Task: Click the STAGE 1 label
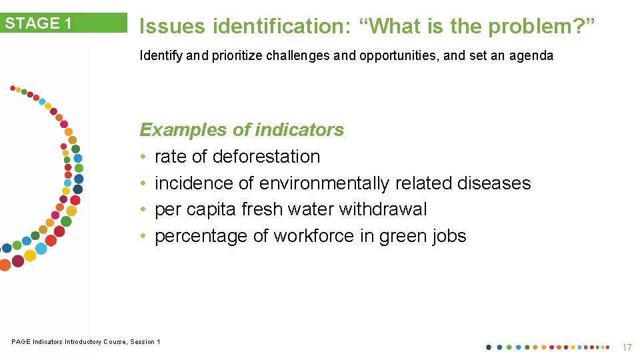(x=39, y=23)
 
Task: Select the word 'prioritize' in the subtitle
(x=237, y=56)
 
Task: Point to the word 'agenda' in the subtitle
(x=531, y=56)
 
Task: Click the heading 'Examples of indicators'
(x=241, y=129)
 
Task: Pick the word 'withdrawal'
(x=383, y=209)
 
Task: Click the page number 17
(x=626, y=347)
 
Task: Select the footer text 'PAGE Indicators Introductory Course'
(x=69, y=342)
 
